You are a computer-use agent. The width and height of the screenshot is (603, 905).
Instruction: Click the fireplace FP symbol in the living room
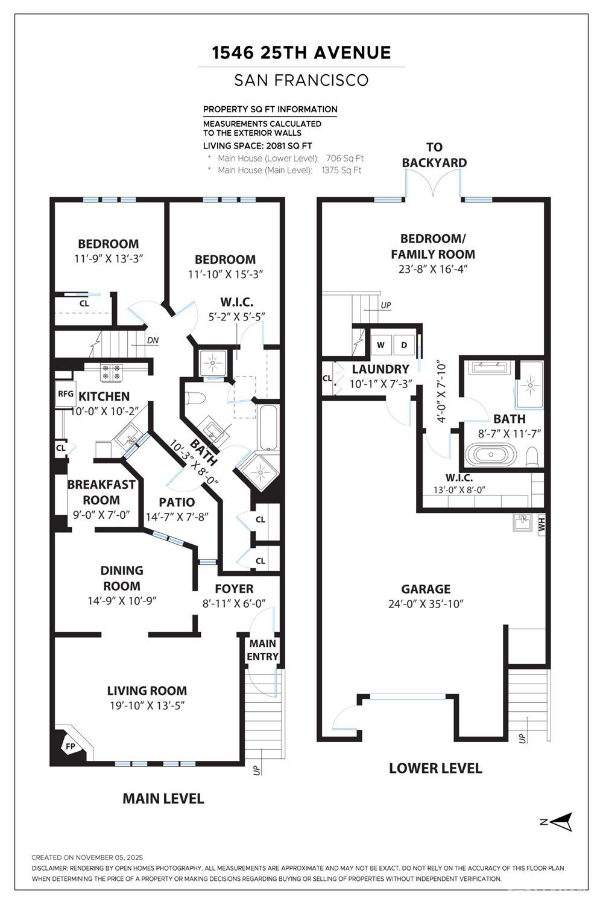coord(71,746)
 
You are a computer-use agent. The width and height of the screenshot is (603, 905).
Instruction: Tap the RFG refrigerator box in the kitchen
coord(66,393)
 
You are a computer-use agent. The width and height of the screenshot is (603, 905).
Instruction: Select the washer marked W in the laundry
coord(380,345)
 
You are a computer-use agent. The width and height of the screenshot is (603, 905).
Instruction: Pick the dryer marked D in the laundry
coord(404,345)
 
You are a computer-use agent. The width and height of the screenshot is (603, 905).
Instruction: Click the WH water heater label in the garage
coord(541,524)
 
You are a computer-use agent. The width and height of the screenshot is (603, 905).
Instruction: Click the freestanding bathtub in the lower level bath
coord(491,454)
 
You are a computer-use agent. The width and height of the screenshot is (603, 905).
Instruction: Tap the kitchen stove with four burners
coord(111,372)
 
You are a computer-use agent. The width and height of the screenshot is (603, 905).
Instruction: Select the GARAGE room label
coord(426,589)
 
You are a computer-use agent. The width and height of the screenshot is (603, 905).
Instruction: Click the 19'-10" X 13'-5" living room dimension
coord(147,705)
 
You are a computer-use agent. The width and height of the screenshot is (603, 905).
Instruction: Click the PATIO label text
coord(177,502)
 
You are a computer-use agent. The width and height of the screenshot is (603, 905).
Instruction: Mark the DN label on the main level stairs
coord(153,341)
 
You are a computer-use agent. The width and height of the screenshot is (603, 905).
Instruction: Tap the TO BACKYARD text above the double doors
coord(434,154)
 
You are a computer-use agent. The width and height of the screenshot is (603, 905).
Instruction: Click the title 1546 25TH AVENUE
coord(301,52)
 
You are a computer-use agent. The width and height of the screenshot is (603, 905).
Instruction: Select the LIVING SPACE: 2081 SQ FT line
coord(257,146)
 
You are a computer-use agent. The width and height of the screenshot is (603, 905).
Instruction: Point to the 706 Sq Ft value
coord(344,158)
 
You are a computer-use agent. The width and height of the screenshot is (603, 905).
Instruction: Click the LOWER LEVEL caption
coord(435,768)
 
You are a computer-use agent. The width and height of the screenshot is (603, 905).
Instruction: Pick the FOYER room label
coord(234,589)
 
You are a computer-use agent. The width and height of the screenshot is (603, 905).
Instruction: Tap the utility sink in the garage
coord(523,522)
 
